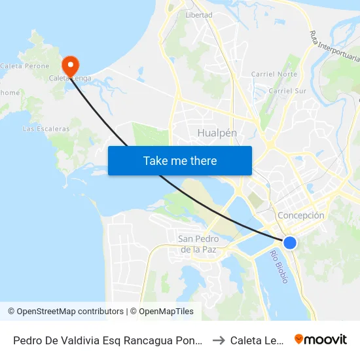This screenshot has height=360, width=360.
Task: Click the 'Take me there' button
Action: (179, 160)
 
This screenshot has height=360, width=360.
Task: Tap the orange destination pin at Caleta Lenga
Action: (69, 65)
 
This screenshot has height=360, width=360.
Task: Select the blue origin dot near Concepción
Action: (290, 243)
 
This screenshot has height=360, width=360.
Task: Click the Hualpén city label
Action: (217, 133)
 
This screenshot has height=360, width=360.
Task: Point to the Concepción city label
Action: (301, 215)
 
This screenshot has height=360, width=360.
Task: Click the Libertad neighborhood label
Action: (199, 14)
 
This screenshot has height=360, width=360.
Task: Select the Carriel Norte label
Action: (274, 74)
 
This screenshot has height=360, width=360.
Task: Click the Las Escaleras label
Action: (46, 129)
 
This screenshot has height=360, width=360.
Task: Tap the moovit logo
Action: (321, 339)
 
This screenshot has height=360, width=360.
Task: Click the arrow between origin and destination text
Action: (219, 340)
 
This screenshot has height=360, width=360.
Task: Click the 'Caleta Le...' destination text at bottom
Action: (256, 340)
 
